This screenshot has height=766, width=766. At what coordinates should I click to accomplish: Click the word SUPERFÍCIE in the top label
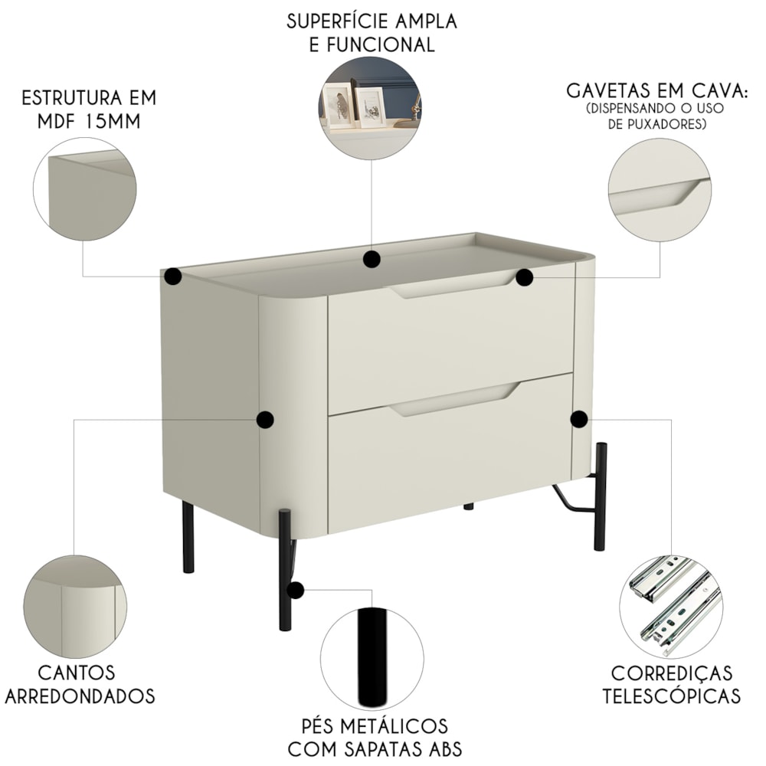pyautogui.click(x=329, y=21)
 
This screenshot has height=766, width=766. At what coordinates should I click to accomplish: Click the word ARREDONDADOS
pyautogui.click(x=80, y=696)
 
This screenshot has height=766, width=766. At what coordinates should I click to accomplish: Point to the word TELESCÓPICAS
pyautogui.click(x=671, y=696)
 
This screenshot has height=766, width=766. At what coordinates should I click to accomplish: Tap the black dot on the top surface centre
pyautogui.click(x=372, y=259)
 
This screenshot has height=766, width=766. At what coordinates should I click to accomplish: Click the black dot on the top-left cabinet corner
pyautogui.click(x=173, y=276)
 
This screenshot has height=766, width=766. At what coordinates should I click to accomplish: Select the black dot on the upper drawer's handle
pyautogui.click(x=524, y=277)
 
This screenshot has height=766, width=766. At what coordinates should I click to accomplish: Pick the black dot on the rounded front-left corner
pyautogui.click(x=265, y=419)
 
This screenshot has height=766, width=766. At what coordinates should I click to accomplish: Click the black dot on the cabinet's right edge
pyautogui.click(x=579, y=419)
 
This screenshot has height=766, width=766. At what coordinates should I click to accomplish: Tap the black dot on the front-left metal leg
pyautogui.click(x=295, y=590)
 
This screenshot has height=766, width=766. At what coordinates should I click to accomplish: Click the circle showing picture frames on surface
pyautogui.click(x=369, y=108)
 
